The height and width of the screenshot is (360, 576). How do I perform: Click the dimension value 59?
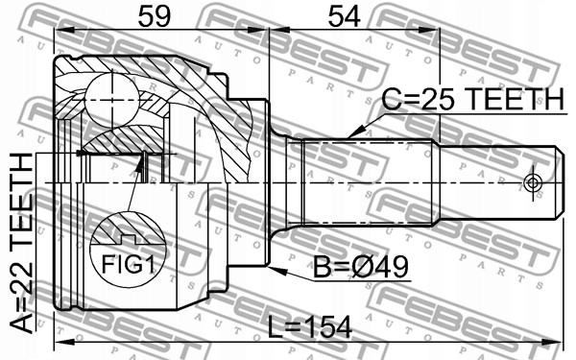[x=155, y=17]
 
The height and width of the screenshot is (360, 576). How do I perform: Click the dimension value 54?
[x=344, y=17]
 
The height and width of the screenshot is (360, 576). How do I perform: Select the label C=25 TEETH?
[x=472, y=99]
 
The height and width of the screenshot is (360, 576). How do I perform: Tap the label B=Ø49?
[x=360, y=267]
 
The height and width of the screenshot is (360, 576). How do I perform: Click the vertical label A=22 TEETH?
[x=21, y=243]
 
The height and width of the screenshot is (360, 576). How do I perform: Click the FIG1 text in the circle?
[x=128, y=264]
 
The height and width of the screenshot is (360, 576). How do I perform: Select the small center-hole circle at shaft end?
[x=533, y=182]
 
